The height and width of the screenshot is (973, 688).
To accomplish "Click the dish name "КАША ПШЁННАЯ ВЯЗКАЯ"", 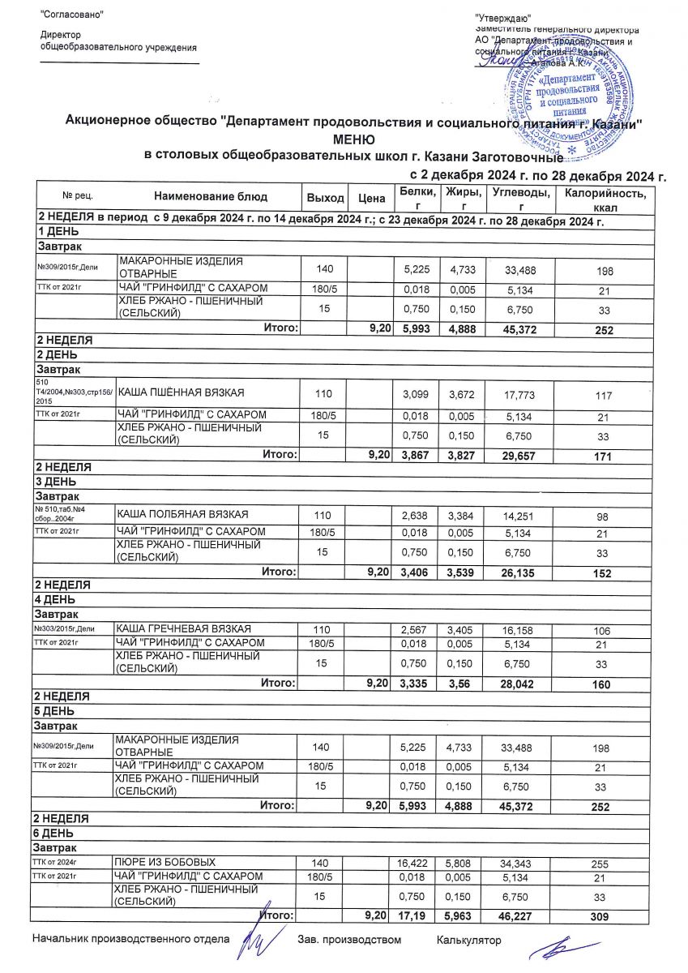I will click(182, 393).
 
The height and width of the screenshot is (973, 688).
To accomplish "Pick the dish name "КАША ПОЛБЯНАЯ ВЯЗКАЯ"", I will click(182, 514).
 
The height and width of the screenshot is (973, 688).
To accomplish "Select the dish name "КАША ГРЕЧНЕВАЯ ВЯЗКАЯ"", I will click(183, 628).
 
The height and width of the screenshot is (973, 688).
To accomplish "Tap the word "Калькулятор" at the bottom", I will click(468, 941).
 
